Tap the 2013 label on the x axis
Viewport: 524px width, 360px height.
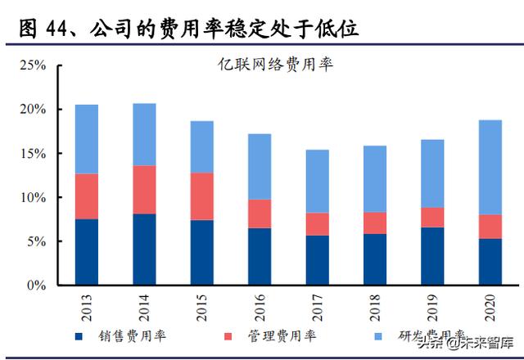[x=87, y=309]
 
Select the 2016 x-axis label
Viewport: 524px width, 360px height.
[x=260, y=309]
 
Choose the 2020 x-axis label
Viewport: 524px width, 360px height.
[x=490, y=309]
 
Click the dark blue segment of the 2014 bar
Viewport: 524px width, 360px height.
[x=144, y=250]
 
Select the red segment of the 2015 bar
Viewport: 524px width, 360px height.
[x=201, y=196]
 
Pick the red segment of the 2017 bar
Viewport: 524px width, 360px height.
[x=317, y=224]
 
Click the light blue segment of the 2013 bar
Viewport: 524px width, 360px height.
[x=87, y=139]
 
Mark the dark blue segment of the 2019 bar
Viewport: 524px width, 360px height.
[x=432, y=257]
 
